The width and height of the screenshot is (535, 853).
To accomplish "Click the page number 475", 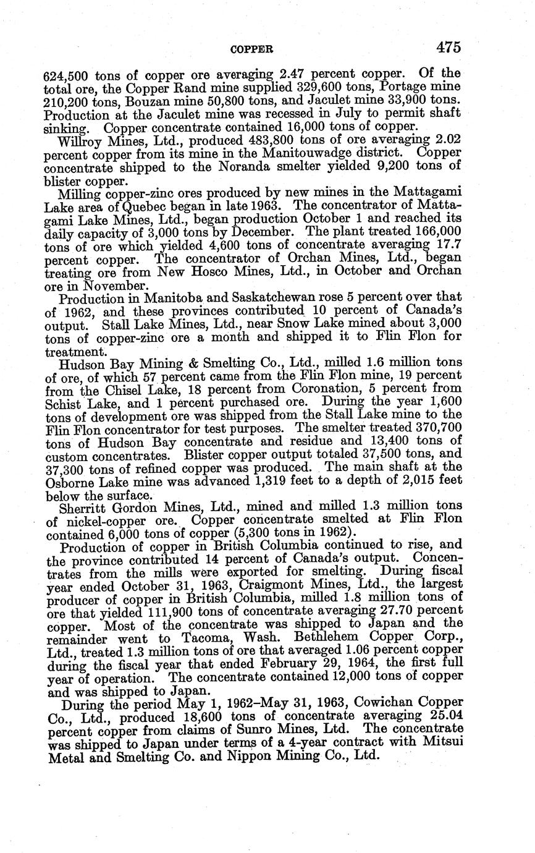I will (448, 47).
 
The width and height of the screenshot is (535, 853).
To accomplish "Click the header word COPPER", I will (251, 49).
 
